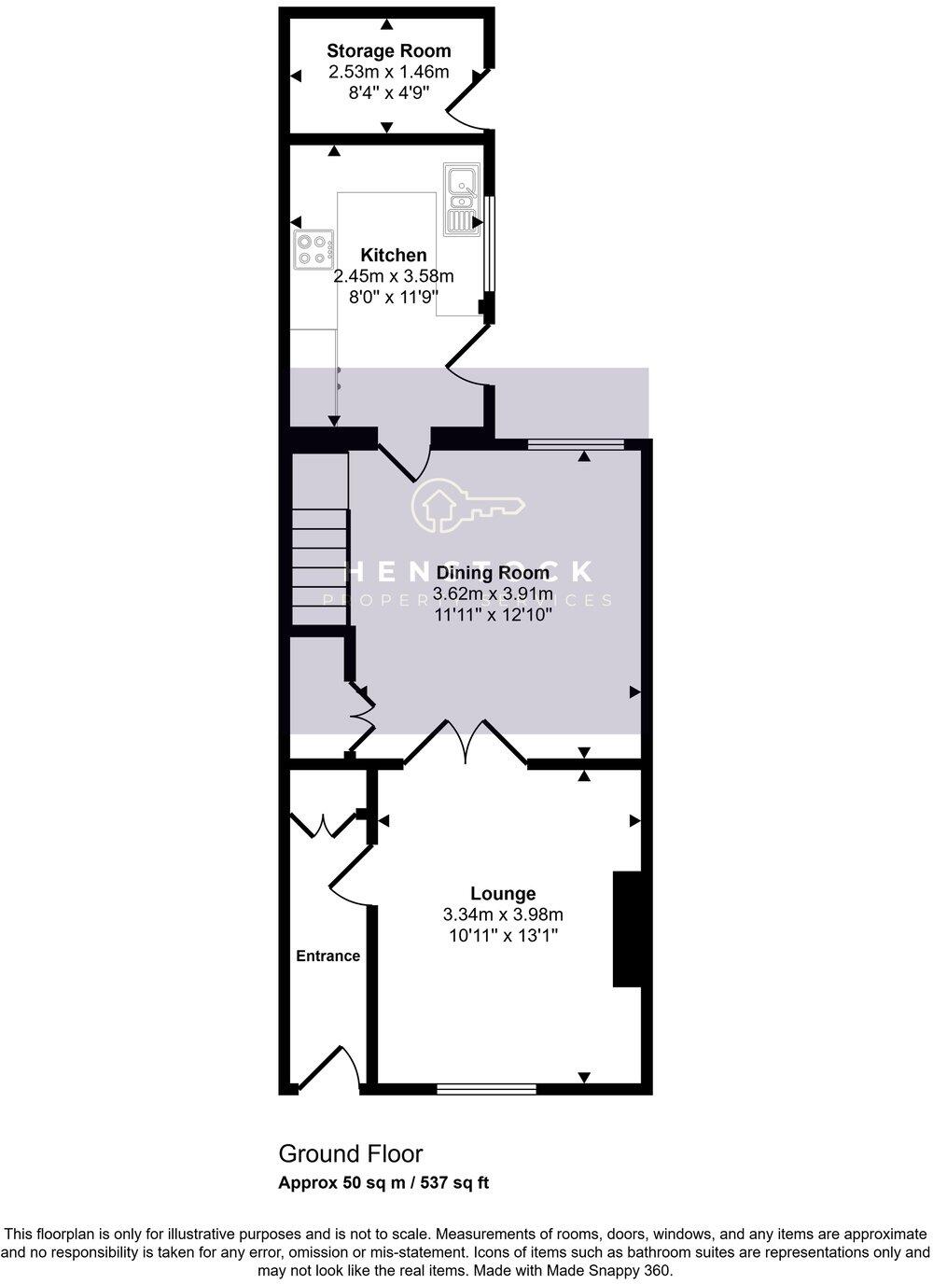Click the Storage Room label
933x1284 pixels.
coord(388,51)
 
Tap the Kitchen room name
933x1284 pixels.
coord(394,255)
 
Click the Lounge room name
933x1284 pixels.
coord(503,894)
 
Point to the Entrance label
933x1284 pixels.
coord(327,956)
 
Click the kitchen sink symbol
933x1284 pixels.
coord(462,198)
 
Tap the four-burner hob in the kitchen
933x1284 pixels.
coord(313,249)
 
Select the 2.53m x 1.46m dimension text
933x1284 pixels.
coord(388,72)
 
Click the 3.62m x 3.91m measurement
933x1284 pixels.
coord(493,594)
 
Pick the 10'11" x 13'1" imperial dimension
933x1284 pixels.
coord(503,935)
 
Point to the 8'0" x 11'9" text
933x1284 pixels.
coord(394,297)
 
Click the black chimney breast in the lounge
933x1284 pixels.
coord(626,928)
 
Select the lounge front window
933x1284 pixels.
coord(486,1087)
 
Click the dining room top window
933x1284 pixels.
coord(575,444)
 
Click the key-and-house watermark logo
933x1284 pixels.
coord(468,506)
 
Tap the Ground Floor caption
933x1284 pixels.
coord(350,1153)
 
